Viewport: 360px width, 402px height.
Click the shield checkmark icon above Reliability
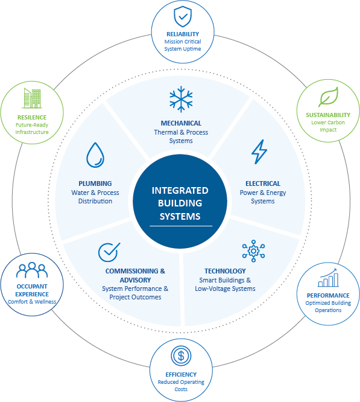tap(183, 17)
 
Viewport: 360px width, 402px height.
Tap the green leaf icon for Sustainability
tap(328, 97)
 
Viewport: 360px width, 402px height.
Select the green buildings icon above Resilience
tap(32, 98)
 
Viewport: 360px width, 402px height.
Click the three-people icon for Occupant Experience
tap(32, 270)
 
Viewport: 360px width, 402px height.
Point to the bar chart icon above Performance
tap(328, 278)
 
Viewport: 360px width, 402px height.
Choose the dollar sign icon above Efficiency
tap(181, 356)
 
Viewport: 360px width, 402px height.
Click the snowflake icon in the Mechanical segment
tap(181, 99)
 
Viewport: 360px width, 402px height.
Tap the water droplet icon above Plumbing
tap(95, 155)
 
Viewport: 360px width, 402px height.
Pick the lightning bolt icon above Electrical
tap(259, 152)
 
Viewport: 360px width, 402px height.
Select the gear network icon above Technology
tap(253, 251)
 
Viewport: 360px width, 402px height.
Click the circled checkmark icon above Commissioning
tap(109, 252)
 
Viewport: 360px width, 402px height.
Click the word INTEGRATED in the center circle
tap(180, 191)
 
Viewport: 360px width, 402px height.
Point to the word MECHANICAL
tap(181, 123)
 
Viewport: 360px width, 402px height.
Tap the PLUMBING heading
tap(95, 183)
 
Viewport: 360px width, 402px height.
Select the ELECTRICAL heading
tap(263, 183)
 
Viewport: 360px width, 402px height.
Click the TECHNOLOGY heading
tap(225, 271)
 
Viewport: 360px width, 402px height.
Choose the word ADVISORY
tap(135, 280)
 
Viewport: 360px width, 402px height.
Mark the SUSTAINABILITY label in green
tap(328, 115)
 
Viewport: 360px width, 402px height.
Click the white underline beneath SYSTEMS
tap(181, 226)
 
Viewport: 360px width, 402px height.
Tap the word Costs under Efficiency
tap(181, 389)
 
